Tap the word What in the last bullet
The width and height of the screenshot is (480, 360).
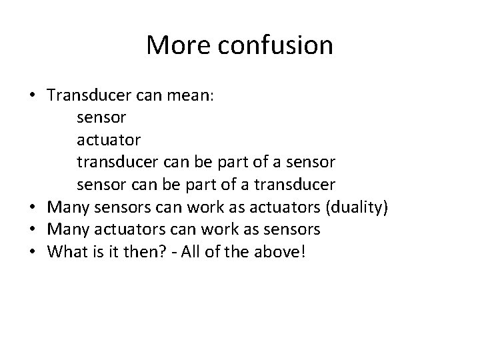pyautogui.click(x=67, y=252)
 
